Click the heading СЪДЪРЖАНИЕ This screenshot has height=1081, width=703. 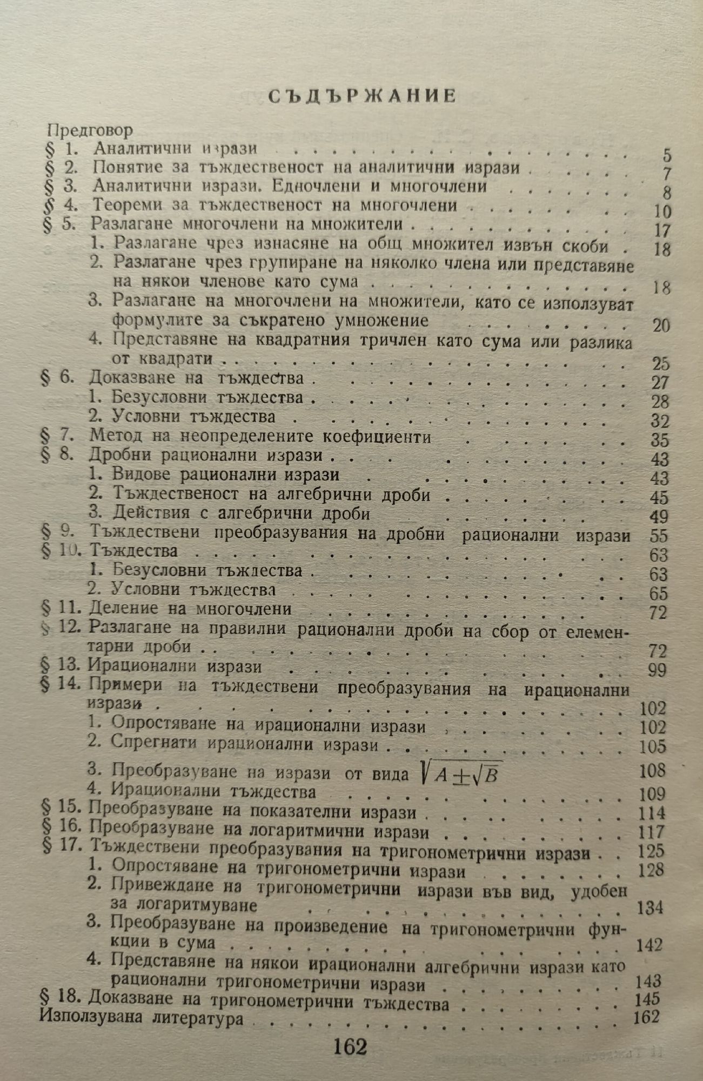tap(363, 96)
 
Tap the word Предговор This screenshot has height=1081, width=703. tap(90, 131)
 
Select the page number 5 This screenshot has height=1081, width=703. tap(667, 156)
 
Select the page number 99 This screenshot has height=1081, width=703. tap(657, 670)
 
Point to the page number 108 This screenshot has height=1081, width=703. tap(653, 770)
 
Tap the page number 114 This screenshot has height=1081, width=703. tap(652, 813)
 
